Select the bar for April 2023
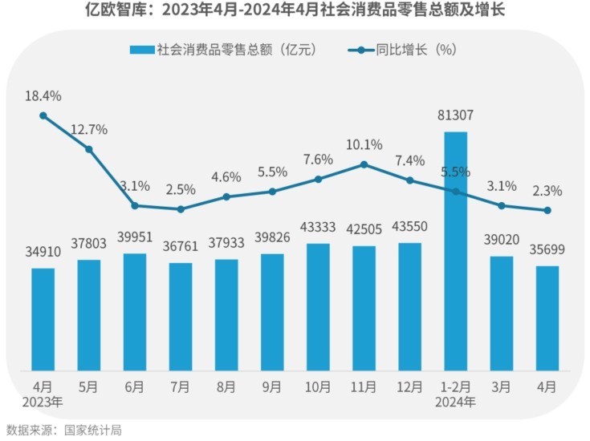(43, 318)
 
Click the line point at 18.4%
(43, 115)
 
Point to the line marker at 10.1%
(364, 164)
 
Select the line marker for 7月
(181, 209)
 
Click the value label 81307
(455, 115)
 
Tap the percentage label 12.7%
(89, 130)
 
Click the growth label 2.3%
(547, 192)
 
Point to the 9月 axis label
(272, 386)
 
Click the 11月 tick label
(364, 386)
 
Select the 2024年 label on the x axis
(455, 401)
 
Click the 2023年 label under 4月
(43, 401)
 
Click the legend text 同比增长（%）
(417, 50)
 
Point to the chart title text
(295, 12)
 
